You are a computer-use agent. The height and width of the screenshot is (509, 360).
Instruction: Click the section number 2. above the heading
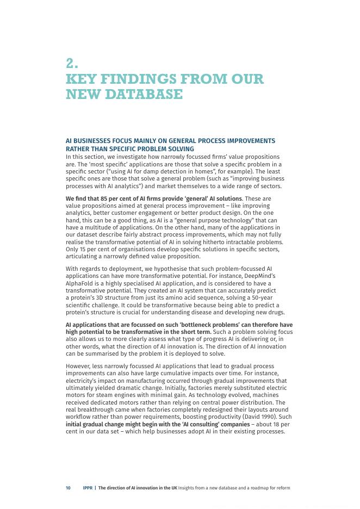(x=72, y=64)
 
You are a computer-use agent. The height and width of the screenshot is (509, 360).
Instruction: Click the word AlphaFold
(x=79, y=283)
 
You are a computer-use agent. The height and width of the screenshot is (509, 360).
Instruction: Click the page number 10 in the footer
(x=68, y=488)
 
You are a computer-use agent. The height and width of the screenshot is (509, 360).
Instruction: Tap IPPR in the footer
(x=87, y=488)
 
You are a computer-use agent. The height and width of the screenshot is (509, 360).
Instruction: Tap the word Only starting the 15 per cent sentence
(x=72, y=249)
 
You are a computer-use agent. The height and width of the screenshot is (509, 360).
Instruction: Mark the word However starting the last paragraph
(x=79, y=366)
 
